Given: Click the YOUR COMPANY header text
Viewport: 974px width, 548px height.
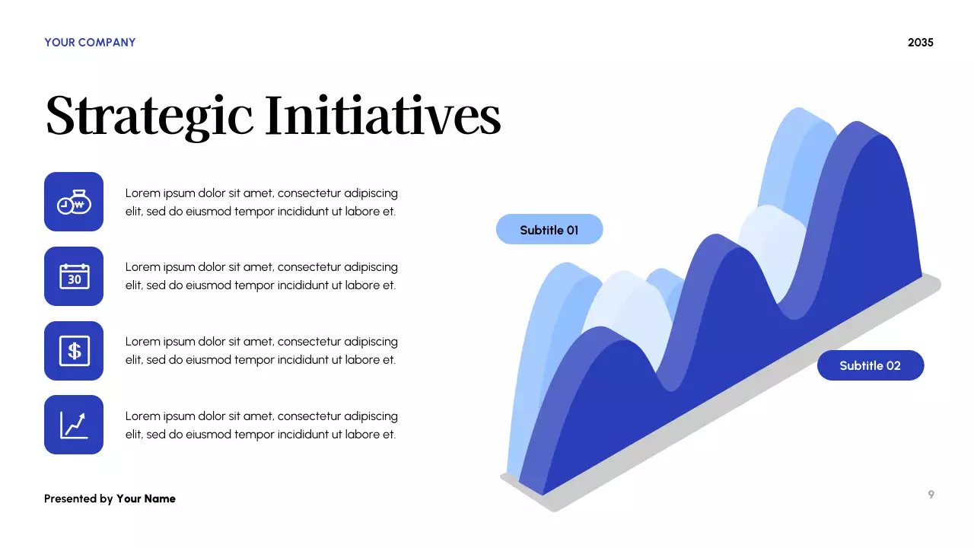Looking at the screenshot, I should (x=90, y=43).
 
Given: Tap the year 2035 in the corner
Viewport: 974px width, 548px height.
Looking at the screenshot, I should (x=920, y=43).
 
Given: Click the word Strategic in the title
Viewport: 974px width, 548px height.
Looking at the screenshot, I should (x=149, y=116).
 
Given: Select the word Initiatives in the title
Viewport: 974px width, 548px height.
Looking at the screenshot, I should (x=383, y=116).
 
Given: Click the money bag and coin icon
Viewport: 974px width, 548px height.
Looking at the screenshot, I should (x=74, y=202).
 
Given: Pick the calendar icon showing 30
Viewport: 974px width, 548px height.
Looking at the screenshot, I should (x=74, y=276).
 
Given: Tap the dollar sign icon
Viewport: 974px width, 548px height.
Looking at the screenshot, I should (x=74, y=351).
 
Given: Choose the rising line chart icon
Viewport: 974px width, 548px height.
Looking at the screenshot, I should (x=74, y=425).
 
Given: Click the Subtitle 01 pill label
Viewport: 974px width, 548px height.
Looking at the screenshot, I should (x=549, y=229).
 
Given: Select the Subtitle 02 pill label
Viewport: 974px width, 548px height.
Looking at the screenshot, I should (x=870, y=365).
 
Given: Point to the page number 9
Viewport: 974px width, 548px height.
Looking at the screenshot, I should (x=931, y=495).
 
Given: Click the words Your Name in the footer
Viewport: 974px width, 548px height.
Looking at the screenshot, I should (x=145, y=499).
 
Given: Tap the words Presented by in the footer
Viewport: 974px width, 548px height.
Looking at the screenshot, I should (x=78, y=499).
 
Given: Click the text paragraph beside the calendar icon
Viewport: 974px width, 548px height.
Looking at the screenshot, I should (x=261, y=276).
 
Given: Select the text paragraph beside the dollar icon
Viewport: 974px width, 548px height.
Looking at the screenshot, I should (x=261, y=351).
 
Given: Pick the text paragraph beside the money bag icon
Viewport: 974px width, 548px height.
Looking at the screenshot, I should (x=261, y=202).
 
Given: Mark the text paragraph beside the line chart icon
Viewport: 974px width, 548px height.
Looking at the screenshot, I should (x=261, y=425).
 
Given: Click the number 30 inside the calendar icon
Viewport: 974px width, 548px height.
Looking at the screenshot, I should (x=75, y=279).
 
